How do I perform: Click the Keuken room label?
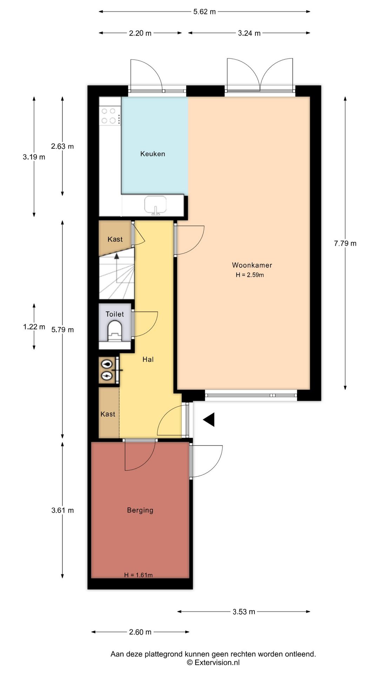[153, 154]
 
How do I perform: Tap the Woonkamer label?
[252, 265]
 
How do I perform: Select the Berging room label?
[140, 510]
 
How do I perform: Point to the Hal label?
[148, 359]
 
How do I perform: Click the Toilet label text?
[115, 314]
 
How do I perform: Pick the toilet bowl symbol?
[115, 331]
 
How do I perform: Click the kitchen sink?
[155, 205]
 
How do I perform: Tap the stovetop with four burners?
[110, 116]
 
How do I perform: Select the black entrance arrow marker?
[209, 419]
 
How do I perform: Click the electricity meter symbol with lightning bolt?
[107, 376]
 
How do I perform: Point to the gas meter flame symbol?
[107, 364]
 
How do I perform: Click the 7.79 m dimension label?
[345, 243]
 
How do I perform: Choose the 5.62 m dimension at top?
[205, 12]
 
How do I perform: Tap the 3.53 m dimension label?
[244, 612]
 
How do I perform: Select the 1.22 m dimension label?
[34, 327]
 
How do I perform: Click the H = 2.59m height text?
[250, 275]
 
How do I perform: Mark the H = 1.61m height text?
[138, 575]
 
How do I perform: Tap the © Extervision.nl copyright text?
[213, 662]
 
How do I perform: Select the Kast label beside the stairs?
[115, 239]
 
